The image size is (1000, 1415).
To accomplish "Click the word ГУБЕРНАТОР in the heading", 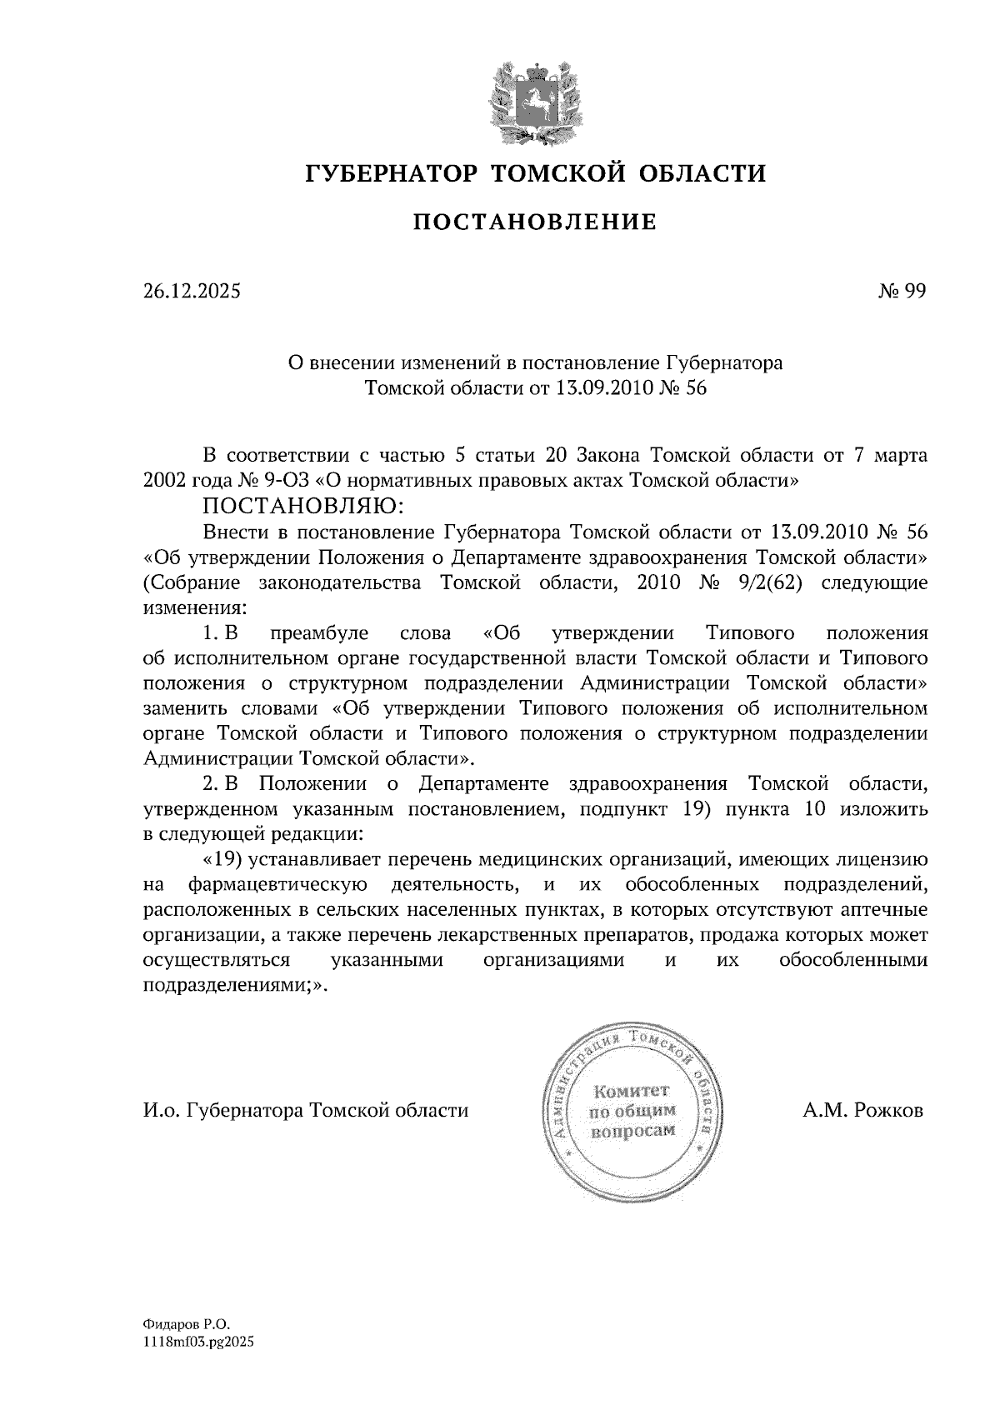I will pos(390,173).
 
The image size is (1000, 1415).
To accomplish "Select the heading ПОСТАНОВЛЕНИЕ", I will pos(535,222).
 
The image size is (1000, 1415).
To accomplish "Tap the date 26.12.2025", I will pos(191,292).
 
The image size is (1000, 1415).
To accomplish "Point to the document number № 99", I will pos(901,292).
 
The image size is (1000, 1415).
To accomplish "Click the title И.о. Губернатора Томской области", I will pos(306,1111).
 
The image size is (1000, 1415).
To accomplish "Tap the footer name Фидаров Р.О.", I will pos(184,1323).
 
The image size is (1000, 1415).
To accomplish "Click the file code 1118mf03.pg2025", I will pos(197,1342).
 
